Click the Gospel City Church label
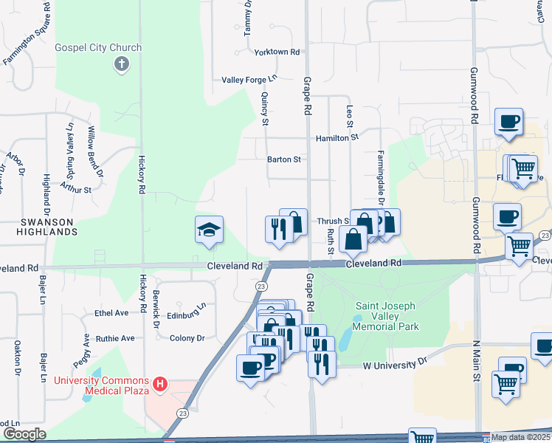tap(98, 48)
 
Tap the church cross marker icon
tap(122, 65)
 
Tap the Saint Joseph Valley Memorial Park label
tap(387, 316)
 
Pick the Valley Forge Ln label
tap(249, 79)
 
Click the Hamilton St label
tap(337, 137)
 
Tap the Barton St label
tap(284, 159)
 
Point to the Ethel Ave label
tap(111, 313)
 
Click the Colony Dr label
tap(187, 338)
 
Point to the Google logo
tap(24, 434)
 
